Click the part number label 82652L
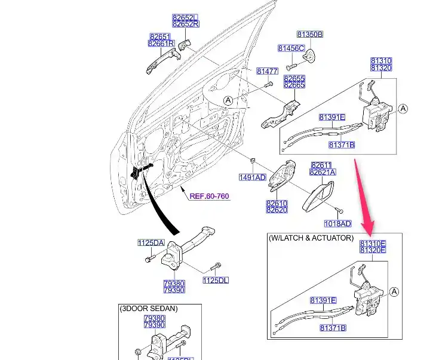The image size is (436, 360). pyautogui.click(x=185, y=17)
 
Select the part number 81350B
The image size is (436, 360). pyautogui.click(x=309, y=35)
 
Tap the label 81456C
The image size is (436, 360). pyautogui.click(x=291, y=48)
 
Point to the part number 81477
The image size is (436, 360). pyautogui.click(x=268, y=71)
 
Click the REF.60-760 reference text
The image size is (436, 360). pyautogui.click(x=209, y=196)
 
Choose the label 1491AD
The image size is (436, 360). pyautogui.click(x=252, y=177)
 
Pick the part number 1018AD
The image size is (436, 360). pyautogui.click(x=337, y=224)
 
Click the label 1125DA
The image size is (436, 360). pyautogui.click(x=151, y=242)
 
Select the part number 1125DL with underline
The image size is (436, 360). pyautogui.click(x=216, y=280)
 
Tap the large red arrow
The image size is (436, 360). pyautogui.click(x=364, y=197)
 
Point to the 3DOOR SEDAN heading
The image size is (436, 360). pyautogui.click(x=149, y=309)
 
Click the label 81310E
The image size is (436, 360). pyautogui.click(x=373, y=244)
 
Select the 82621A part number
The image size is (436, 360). pyautogui.click(x=323, y=172)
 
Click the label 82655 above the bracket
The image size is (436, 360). pyautogui.click(x=294, y=78)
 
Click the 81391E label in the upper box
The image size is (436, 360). pyautogui.click(x=331, y=117)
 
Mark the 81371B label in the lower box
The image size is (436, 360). pyautogui.click(x=333, y=328)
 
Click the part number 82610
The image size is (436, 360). pyautogui.click(x=277, y=203)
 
